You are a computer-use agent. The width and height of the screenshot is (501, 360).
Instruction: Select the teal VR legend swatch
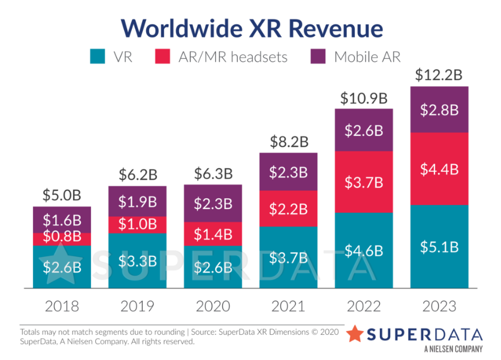pos(98,57)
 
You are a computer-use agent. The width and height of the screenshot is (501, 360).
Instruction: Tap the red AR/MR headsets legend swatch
pos(164,57)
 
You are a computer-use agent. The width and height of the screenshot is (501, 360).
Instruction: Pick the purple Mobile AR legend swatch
pos(319,57)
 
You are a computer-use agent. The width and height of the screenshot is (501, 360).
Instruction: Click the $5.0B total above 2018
pos(62,195)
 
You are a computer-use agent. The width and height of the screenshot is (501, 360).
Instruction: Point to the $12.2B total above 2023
pos(439,75)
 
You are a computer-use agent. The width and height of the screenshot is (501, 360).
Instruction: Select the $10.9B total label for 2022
pos(364,98)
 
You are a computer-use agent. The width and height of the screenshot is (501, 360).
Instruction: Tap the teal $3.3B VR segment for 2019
pos(137,261)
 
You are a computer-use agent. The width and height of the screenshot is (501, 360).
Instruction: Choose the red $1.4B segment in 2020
pos(213,234)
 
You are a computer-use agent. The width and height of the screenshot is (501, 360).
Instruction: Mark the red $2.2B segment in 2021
pos(288,208)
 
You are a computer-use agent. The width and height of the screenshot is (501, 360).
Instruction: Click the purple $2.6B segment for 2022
pos(364,130)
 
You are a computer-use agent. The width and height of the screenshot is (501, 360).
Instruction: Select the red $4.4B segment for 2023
pos(439,169)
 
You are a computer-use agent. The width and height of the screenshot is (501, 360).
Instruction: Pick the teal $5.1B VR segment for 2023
pos(439,247)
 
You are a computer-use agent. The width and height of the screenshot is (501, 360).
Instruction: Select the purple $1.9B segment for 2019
pos(137,201)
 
